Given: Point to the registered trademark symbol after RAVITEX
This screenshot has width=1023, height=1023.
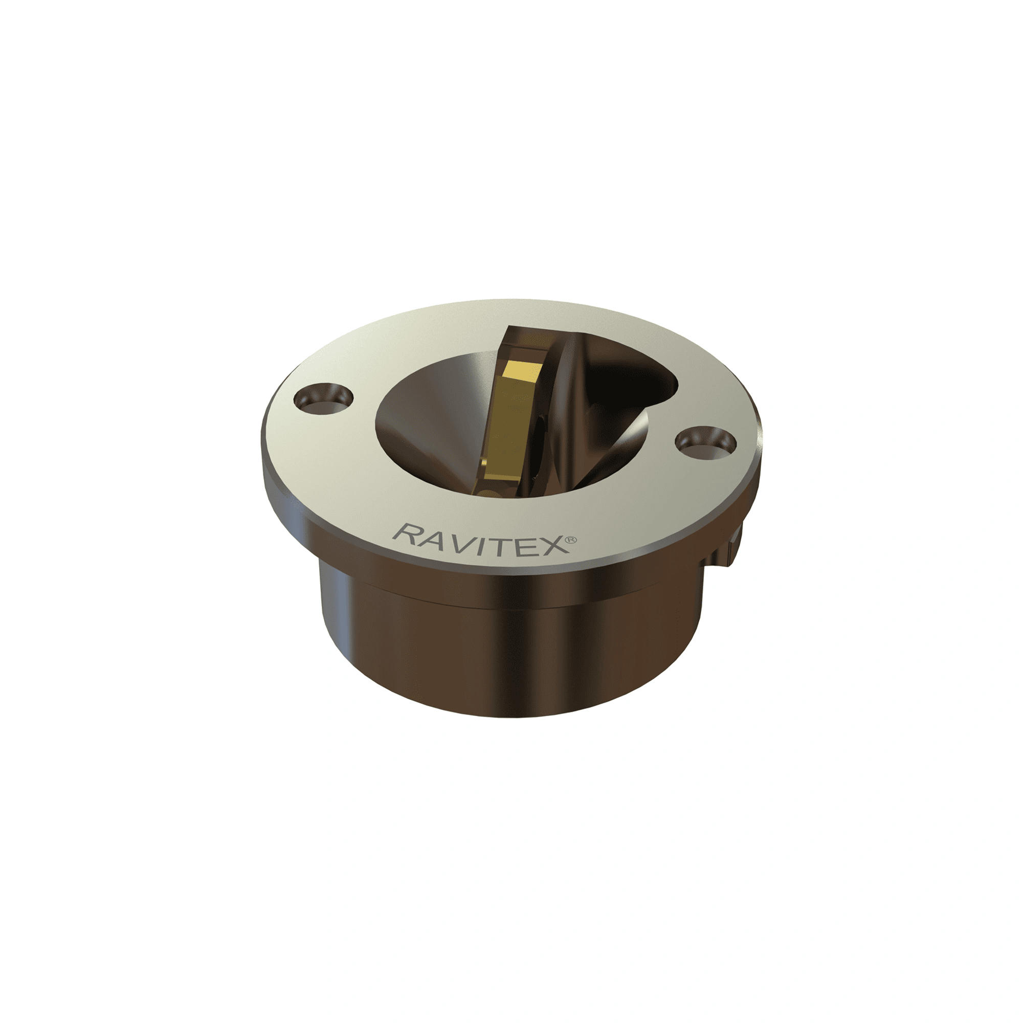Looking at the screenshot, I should (x=570, y=540).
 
